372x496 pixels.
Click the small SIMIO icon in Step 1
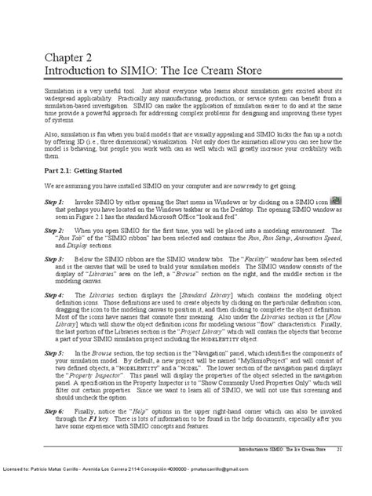point(334,201)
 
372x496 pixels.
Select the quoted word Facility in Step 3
point(264,257)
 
